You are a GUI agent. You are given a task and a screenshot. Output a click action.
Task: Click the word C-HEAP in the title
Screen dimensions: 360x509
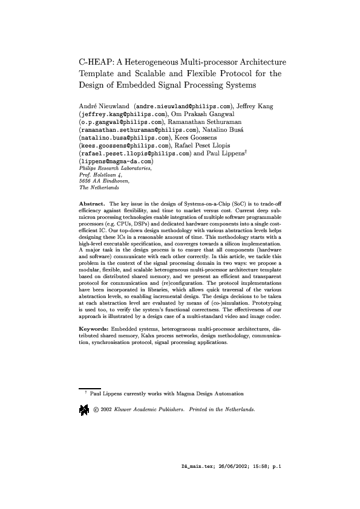96,62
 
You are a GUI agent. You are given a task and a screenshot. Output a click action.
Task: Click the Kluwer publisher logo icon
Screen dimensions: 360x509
84,411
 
